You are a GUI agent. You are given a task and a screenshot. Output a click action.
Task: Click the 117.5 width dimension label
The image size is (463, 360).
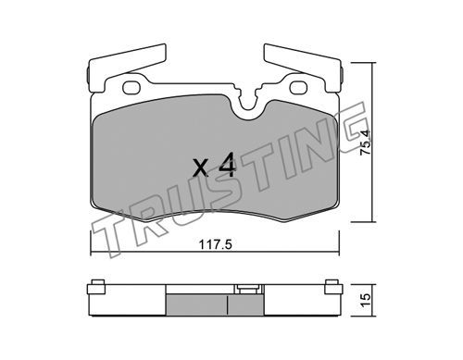(215, 245)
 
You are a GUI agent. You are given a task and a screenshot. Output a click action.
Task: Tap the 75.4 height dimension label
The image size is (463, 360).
(365, 143)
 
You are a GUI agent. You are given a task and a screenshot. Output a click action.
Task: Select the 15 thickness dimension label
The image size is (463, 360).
(365, 299)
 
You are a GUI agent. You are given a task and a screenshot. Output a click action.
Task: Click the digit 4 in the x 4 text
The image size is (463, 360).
(228, 166)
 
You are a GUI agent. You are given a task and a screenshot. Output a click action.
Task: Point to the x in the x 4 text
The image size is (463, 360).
(201, 168)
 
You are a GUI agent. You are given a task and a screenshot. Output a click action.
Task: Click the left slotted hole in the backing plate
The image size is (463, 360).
(131, 88)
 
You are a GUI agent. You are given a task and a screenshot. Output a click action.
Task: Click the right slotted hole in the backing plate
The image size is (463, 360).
(298, 88)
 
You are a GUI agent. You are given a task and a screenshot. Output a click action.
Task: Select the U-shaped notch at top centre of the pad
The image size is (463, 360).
(248, 106)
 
